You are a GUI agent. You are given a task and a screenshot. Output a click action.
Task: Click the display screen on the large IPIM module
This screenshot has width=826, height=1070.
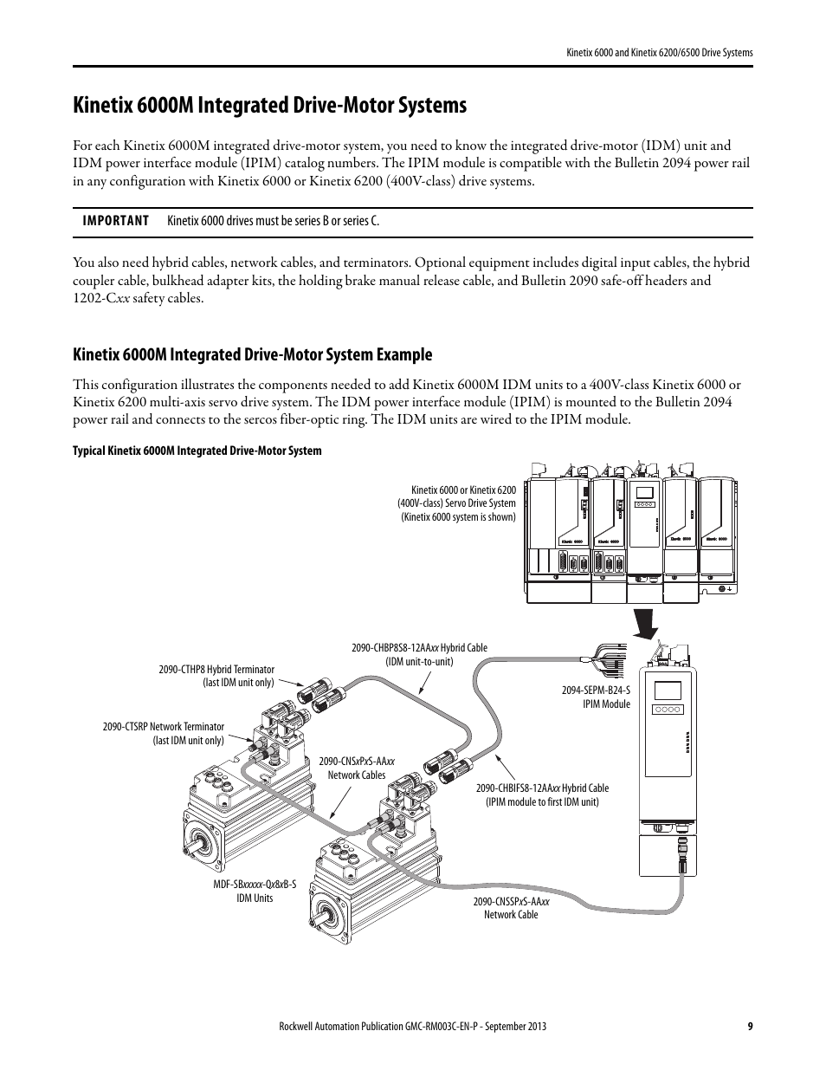pos(668,692)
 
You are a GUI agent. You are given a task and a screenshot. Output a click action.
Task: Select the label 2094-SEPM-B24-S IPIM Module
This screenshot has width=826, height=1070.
pos(597,697)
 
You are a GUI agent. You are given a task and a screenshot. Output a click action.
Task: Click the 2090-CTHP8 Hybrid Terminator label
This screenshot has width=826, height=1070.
pos(216,676)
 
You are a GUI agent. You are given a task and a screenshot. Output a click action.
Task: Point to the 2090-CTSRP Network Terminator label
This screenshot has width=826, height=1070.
pos(163,733)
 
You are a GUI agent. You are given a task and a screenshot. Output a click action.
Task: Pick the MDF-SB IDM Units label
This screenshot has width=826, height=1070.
pos(255,891)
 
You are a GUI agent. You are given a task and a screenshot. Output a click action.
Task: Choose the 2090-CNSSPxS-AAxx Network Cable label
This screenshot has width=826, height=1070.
pos(511,908)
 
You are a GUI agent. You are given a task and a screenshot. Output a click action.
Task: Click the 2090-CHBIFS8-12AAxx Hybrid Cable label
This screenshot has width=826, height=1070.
pos(542,794)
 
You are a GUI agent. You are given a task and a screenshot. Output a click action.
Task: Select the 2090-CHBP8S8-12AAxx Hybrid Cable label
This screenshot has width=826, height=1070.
pos(419,654)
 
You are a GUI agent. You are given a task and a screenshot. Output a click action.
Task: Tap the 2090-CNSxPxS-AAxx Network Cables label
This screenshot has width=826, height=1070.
pos(357,768)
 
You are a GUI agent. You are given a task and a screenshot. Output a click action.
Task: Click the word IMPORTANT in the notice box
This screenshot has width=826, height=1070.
pos(115,221)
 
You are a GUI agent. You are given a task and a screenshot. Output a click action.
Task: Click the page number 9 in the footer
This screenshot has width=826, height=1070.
pos(749,1027)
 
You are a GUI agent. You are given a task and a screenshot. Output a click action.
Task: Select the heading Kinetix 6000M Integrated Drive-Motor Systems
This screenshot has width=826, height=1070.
pos(270,106)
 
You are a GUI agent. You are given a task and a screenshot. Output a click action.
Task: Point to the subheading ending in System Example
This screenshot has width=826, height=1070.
pos(253,354)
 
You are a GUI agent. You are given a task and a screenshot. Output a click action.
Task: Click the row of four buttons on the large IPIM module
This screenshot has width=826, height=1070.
pos(668,710)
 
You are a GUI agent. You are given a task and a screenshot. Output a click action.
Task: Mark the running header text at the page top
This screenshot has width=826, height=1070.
pos(654,53)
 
